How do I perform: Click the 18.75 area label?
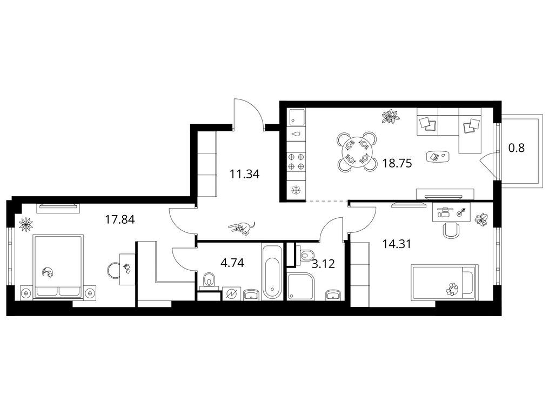click(x=397, y=163)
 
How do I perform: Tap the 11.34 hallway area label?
click(x=244, y=173)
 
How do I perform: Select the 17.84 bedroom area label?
click(x=120, y=219)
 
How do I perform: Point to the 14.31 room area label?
click(x=397, y=244)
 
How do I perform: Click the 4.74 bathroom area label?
click(x=232, y=262)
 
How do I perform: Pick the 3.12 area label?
click(x=323, y=264)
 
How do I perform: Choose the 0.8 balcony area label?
click(x=517, y=148)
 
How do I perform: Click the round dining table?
click(x=357, y=152)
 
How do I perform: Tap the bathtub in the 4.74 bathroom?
click(x=272, y=272)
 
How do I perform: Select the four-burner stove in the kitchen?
click(x=296, y=162)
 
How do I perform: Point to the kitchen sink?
click(x=296, y=117)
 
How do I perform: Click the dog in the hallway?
click(x=242, y=228)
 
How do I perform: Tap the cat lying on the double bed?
click(x=48, y=272)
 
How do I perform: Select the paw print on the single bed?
click(x=452, y=289)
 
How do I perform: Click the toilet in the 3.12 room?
click(x=307, y=255)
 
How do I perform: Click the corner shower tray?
click(x=302, y=286)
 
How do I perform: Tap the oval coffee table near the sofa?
click(x=438, y=156)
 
